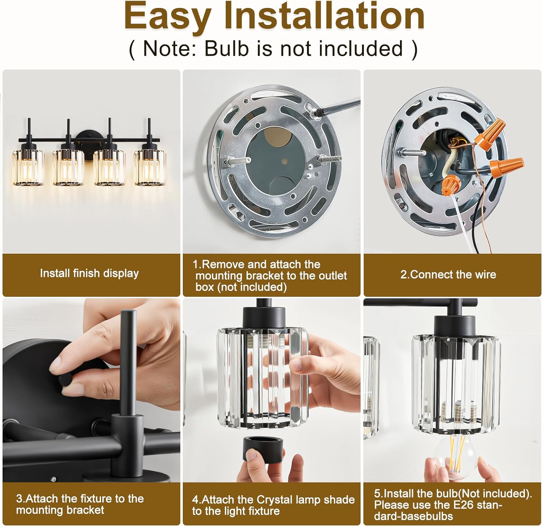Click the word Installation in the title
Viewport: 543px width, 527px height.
(324, 16)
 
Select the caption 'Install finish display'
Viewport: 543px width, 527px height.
(89, 273)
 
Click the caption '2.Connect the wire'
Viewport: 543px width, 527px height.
(448, 274)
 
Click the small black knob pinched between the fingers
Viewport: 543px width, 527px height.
(67, 380)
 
